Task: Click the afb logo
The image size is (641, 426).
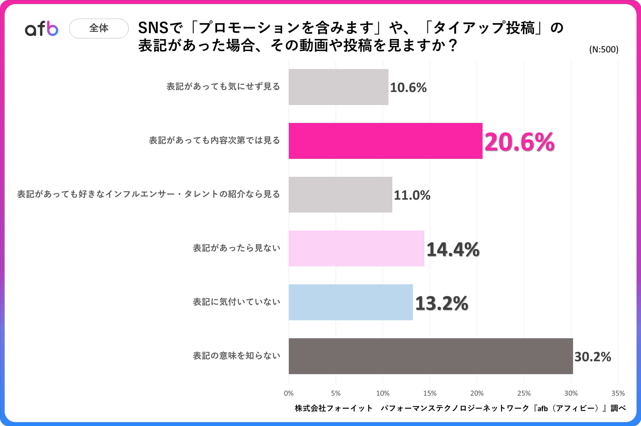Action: [42, 29]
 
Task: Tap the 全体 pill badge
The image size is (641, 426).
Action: [99, 28]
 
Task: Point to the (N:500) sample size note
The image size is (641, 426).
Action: [603, 49]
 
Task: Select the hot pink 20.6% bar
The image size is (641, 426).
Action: [385, 141]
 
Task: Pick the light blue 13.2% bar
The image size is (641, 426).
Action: [351, 302]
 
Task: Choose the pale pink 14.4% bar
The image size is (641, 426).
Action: [356, 248]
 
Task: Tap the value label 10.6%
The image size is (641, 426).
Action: [408, 87]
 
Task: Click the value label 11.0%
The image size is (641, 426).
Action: [412, 195]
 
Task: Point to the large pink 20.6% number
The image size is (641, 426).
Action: [519, 142]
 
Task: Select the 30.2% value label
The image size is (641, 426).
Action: [592, 357]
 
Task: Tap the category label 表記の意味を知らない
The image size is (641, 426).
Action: [236, 356]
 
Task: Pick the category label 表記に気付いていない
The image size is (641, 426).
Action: [236, 302]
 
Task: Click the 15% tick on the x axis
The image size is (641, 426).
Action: [430, 393]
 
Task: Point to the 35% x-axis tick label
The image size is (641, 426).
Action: [618, 393]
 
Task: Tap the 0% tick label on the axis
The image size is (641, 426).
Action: [289, 393]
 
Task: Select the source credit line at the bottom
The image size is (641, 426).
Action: [460, 408]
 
